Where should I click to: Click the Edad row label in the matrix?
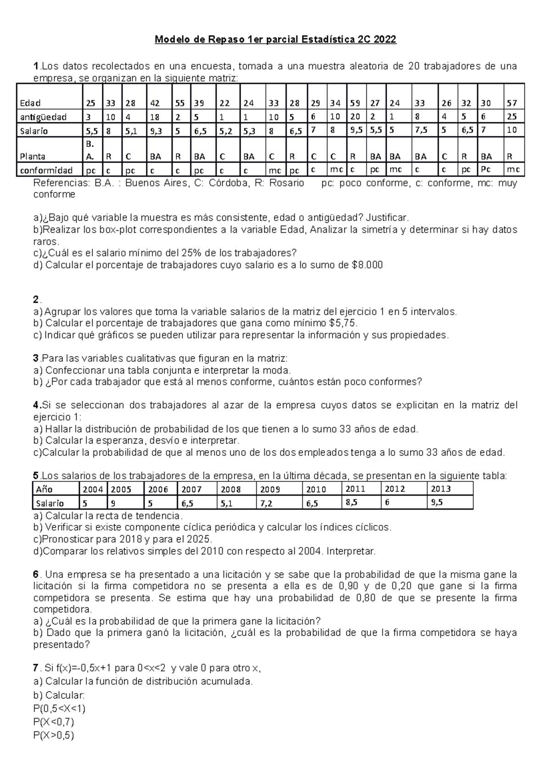coord(30,103)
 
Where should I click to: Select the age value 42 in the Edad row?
coord(155,103)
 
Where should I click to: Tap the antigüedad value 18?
coord(155,117)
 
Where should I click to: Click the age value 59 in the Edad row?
coord(355,103)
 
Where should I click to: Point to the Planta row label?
coord(33,157)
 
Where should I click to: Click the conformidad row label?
coord(46,170)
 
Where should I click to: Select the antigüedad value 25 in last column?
coord(512,117)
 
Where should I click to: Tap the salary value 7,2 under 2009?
coord(266,503)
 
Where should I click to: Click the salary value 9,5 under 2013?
coord(437,503)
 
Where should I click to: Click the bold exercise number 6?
coord(36,575)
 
